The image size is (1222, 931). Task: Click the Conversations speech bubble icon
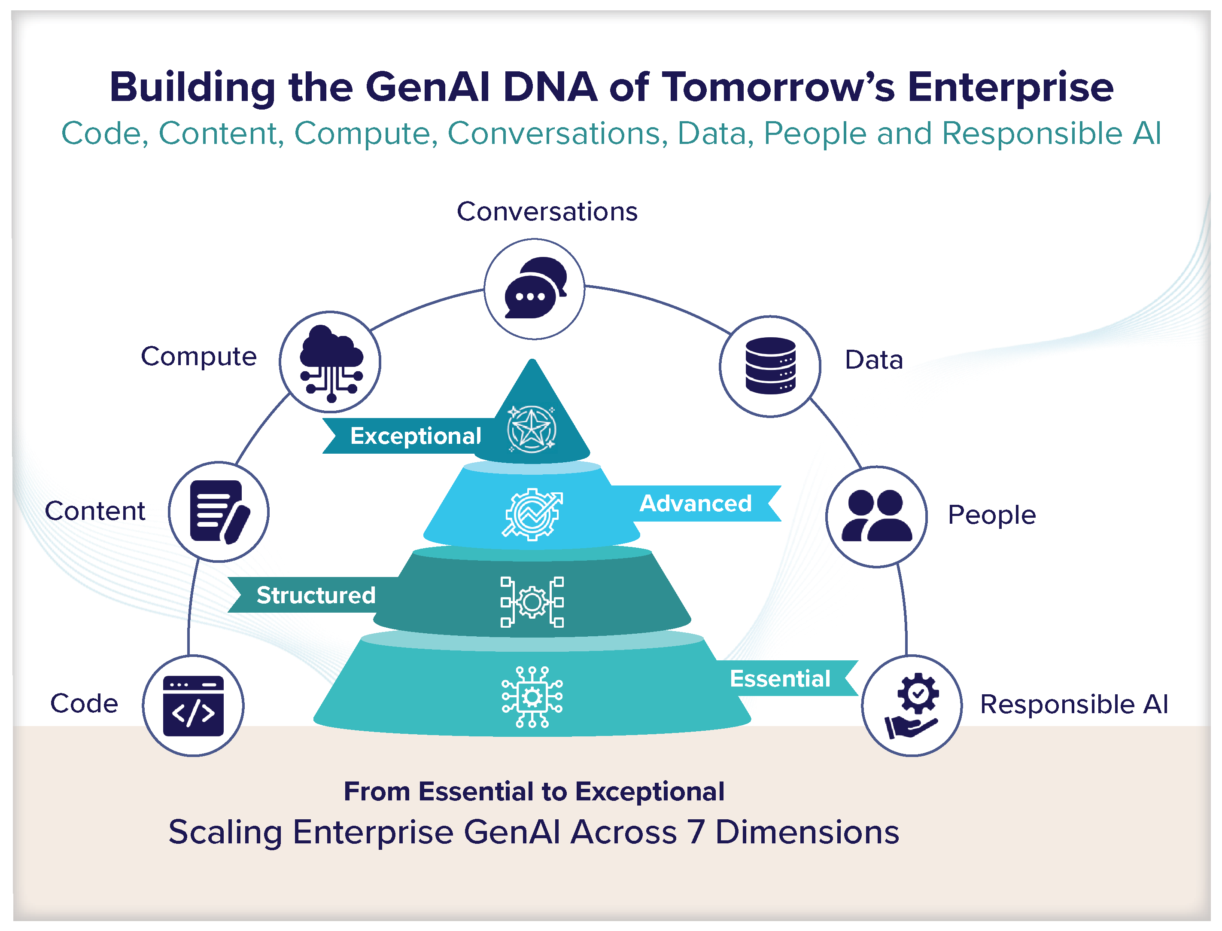534,289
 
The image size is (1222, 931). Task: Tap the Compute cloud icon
331,362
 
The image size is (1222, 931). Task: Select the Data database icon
770,366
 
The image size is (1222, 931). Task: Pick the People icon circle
876,516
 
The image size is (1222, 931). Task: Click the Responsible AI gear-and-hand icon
912,705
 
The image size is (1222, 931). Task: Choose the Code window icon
193,705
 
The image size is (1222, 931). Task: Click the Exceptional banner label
415,436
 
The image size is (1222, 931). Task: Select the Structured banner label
316,595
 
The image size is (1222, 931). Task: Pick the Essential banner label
780,678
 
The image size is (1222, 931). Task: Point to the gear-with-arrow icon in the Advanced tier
532,514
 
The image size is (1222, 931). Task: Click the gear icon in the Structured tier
532,602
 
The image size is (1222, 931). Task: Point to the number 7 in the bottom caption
696,832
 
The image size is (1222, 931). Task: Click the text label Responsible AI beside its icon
1074,704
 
